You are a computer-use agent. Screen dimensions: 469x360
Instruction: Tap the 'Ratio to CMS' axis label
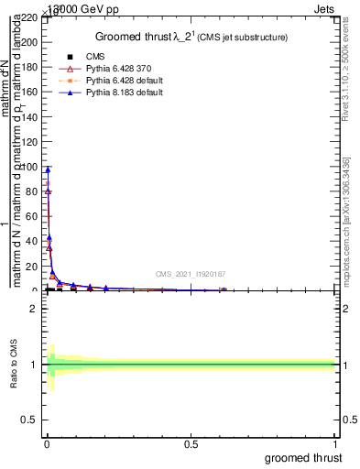pos(15,365)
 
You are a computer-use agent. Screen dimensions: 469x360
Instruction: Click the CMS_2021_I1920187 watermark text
pos(190,274)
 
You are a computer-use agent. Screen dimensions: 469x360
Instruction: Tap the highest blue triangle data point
pos(48,169)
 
